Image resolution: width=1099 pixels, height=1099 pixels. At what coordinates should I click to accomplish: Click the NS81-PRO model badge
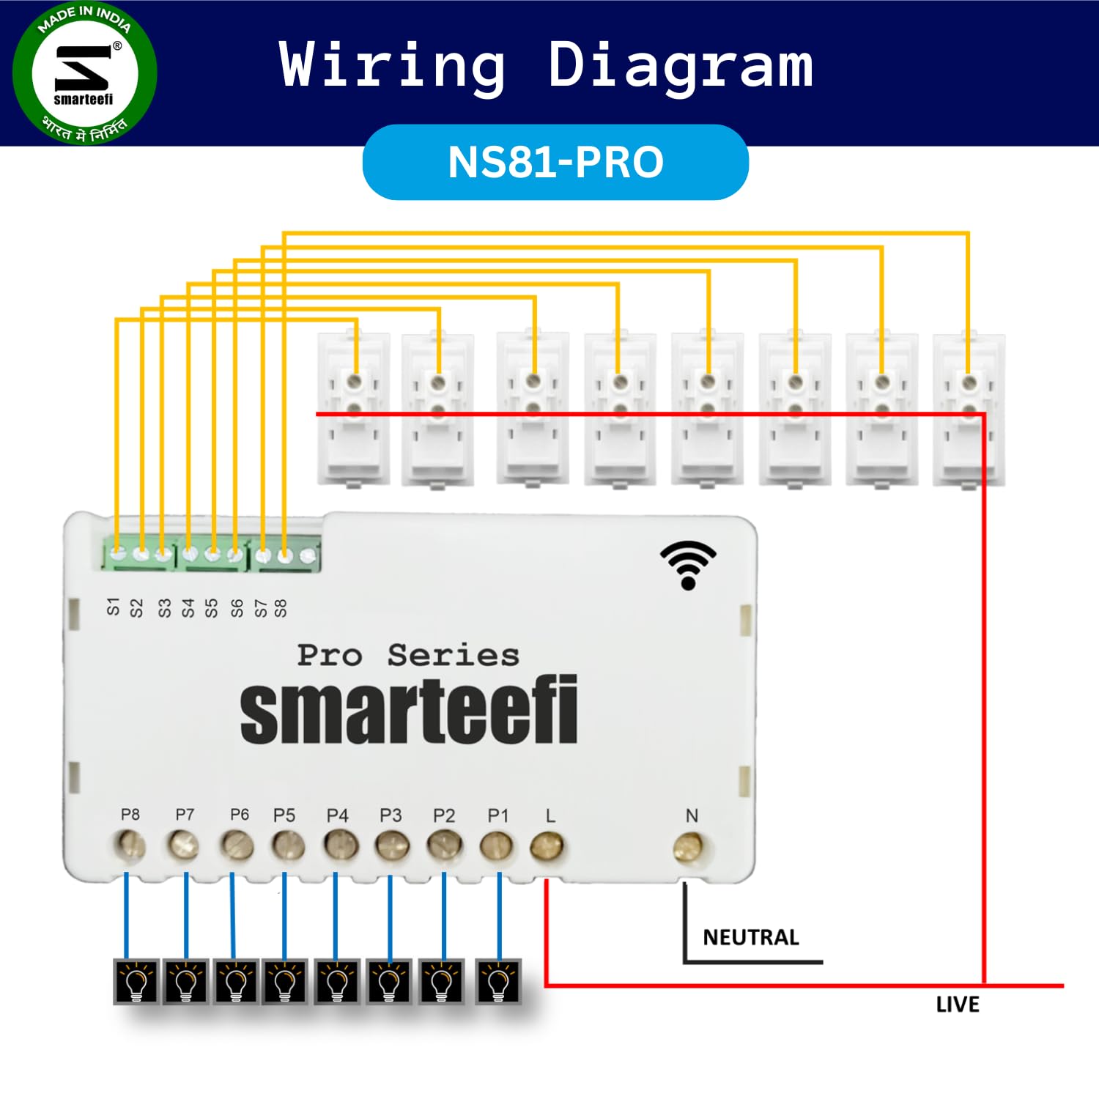(x=555, y=162)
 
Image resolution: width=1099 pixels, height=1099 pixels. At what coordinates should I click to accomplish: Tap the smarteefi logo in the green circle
(x=84, y=73)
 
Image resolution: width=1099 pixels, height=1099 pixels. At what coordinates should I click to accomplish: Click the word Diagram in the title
(x=681, y=67)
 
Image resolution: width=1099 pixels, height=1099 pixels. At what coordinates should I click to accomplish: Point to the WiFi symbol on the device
(x=688, y=565)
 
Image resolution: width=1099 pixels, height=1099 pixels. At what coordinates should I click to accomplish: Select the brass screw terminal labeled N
(x=689, y=848)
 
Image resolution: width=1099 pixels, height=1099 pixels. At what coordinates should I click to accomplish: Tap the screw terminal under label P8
(x=130, y=846)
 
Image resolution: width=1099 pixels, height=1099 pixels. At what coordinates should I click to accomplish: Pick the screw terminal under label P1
(x=497, y=847)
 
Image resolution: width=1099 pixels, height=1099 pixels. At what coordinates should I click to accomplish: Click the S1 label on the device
(x=113, y=607)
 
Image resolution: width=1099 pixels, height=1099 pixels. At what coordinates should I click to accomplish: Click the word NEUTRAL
(x=751, y=938)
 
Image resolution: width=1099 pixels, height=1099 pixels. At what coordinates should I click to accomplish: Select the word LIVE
(x=958, y=1004)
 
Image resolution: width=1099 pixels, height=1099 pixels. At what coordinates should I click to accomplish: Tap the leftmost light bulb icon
(x=137, y=981)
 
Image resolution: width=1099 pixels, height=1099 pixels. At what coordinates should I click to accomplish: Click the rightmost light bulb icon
(x=498, y=981)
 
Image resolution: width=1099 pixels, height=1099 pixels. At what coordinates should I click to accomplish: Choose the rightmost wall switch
(x=969, y=410)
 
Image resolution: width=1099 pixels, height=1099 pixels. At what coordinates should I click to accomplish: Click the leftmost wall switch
(x=354, y=410)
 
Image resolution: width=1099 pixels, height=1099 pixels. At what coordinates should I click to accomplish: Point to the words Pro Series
(x=408, y=655)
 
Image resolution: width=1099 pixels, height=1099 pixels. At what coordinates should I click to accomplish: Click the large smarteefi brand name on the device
(x=409, y=710)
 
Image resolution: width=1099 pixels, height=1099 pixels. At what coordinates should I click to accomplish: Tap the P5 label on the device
(x=284, y=815)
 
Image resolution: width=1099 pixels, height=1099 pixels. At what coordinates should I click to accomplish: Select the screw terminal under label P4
(x=338, y=847)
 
